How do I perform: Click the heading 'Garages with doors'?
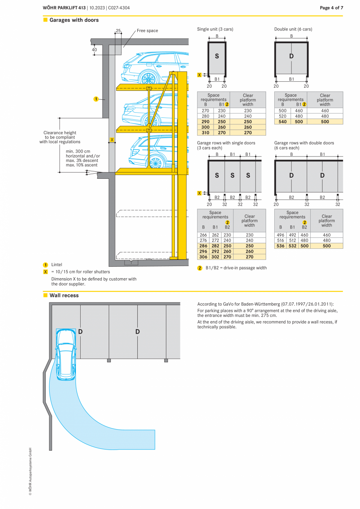(x=74, y=20)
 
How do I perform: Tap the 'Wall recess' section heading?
(x=64, y=295)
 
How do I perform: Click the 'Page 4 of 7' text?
(x=331, y=8)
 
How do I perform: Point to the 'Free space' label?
(x=147, y=31)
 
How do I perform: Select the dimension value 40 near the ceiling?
(x=94, y=50)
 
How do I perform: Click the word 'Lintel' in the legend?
(x=57, y=264)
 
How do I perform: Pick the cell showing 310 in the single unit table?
(x=205, y=133)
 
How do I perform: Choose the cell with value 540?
(x=283, y=122)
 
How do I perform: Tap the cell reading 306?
(x=203, y=257)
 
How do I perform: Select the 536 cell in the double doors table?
(x=280, y=246)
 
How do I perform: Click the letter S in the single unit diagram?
(x=217, y=56)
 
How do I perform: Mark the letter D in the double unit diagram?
(x=291, y=56)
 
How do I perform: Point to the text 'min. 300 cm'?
(x=78, y=151)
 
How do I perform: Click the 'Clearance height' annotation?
(x=60, y=133)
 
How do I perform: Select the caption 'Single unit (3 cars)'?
(x=215, y=29)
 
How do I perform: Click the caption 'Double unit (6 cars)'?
(x=293, y=29)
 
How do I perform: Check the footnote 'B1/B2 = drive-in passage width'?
(x=236, y=268)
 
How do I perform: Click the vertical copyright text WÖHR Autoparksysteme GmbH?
(x=30, y=471)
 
